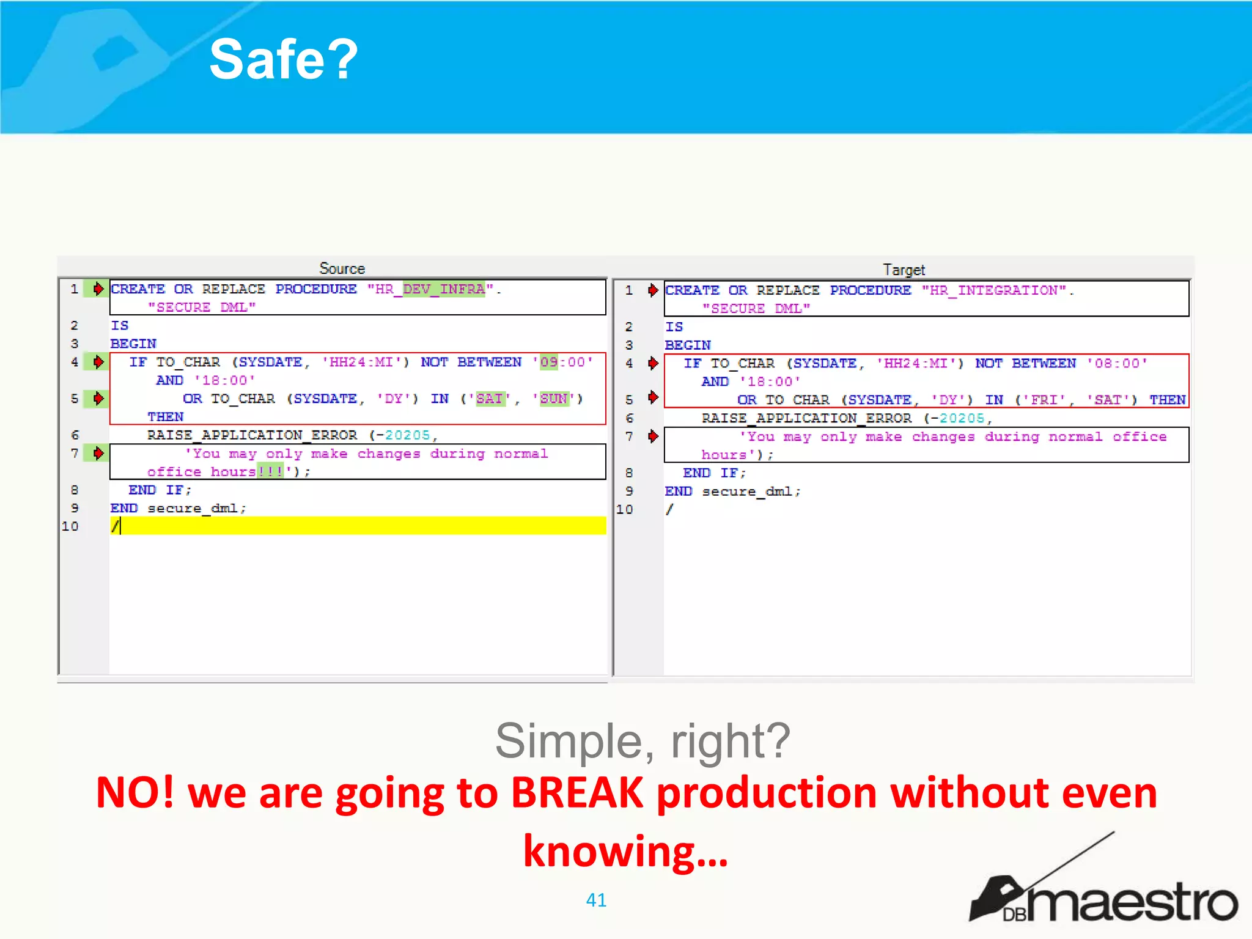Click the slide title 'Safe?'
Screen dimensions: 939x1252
[x=283, y=59]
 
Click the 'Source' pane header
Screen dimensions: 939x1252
[x=342, y=268]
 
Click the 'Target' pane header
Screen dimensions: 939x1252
[x=904, y=270]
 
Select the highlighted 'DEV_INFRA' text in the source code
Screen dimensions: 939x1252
[x=444, y=289]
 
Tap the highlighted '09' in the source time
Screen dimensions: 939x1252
[x=548, y=362]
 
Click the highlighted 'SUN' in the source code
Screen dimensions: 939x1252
[x=554, y=399]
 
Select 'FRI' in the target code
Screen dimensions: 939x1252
[x=1044, y=400]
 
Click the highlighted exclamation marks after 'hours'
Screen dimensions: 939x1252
[x=270, y=471]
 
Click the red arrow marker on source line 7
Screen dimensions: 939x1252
[x=98, y=453]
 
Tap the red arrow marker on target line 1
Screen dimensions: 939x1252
[x=653, y=290]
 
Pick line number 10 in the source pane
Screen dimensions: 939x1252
[x=70, y=526]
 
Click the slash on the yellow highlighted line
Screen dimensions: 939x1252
[x=115, y=526]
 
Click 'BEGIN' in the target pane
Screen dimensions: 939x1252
[x=688, y=345]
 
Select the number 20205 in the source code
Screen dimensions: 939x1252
[x=407, y=435]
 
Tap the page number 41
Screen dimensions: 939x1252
[x=596, y=899]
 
